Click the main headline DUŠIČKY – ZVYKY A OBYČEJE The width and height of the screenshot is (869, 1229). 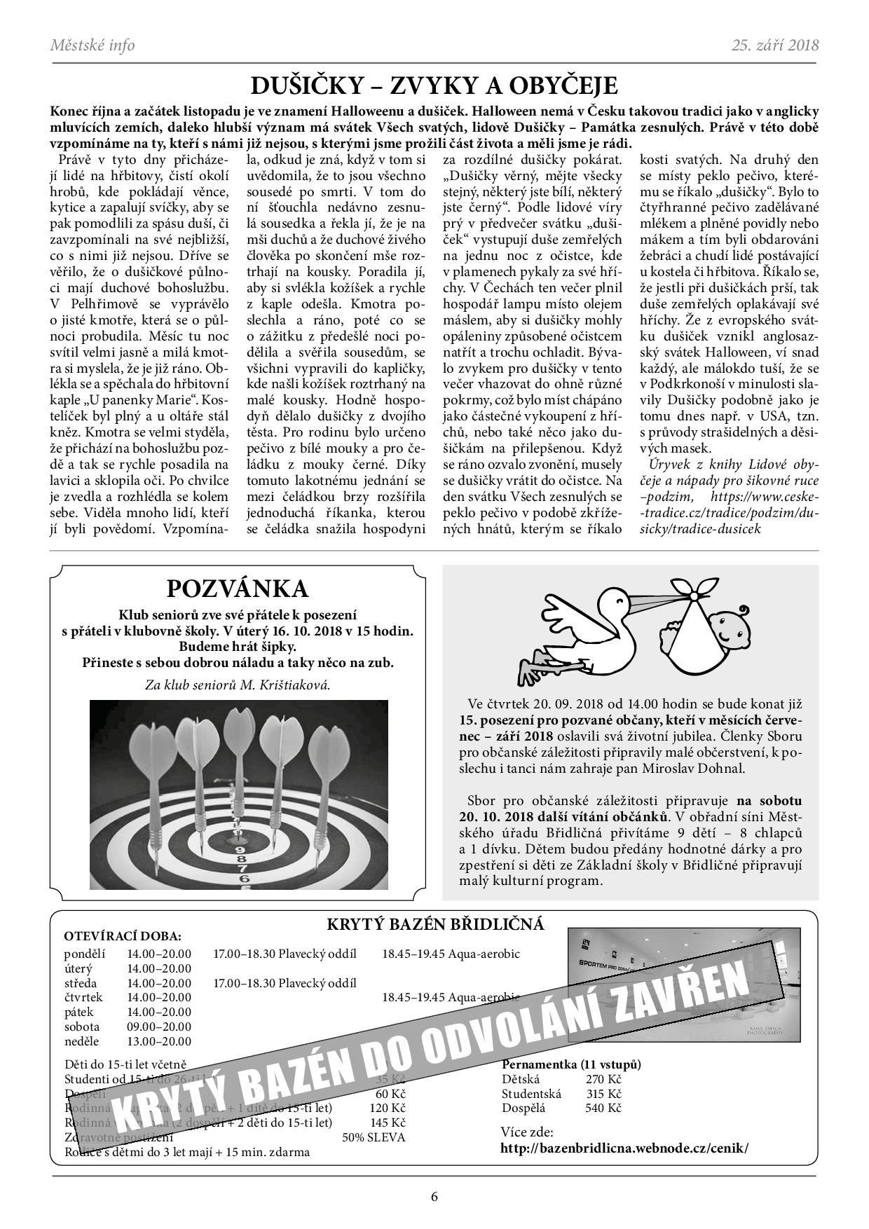point(434,86)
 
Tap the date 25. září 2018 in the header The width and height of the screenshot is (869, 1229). point(775,46)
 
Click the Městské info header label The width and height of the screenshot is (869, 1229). point(93,46)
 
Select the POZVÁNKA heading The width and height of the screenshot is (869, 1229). point(238,587)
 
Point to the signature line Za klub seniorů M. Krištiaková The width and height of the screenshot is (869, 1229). point(238,685)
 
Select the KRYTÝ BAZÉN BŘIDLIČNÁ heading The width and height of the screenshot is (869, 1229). point(435,924)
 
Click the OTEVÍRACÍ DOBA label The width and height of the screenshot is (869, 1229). point(122,936)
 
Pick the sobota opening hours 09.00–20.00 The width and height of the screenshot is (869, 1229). point(159,1027)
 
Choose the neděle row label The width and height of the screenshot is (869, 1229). point(82,1042)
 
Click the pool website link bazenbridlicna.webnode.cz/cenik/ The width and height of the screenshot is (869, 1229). point(624,1148)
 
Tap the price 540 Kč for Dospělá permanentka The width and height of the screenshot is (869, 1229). point(603,1108)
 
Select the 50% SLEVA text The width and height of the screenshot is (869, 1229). point(374,1137)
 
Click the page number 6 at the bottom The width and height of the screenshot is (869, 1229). point(434,1197)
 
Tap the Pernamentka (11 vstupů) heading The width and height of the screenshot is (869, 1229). point(571,1064)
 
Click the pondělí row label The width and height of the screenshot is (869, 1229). point(84,954)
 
